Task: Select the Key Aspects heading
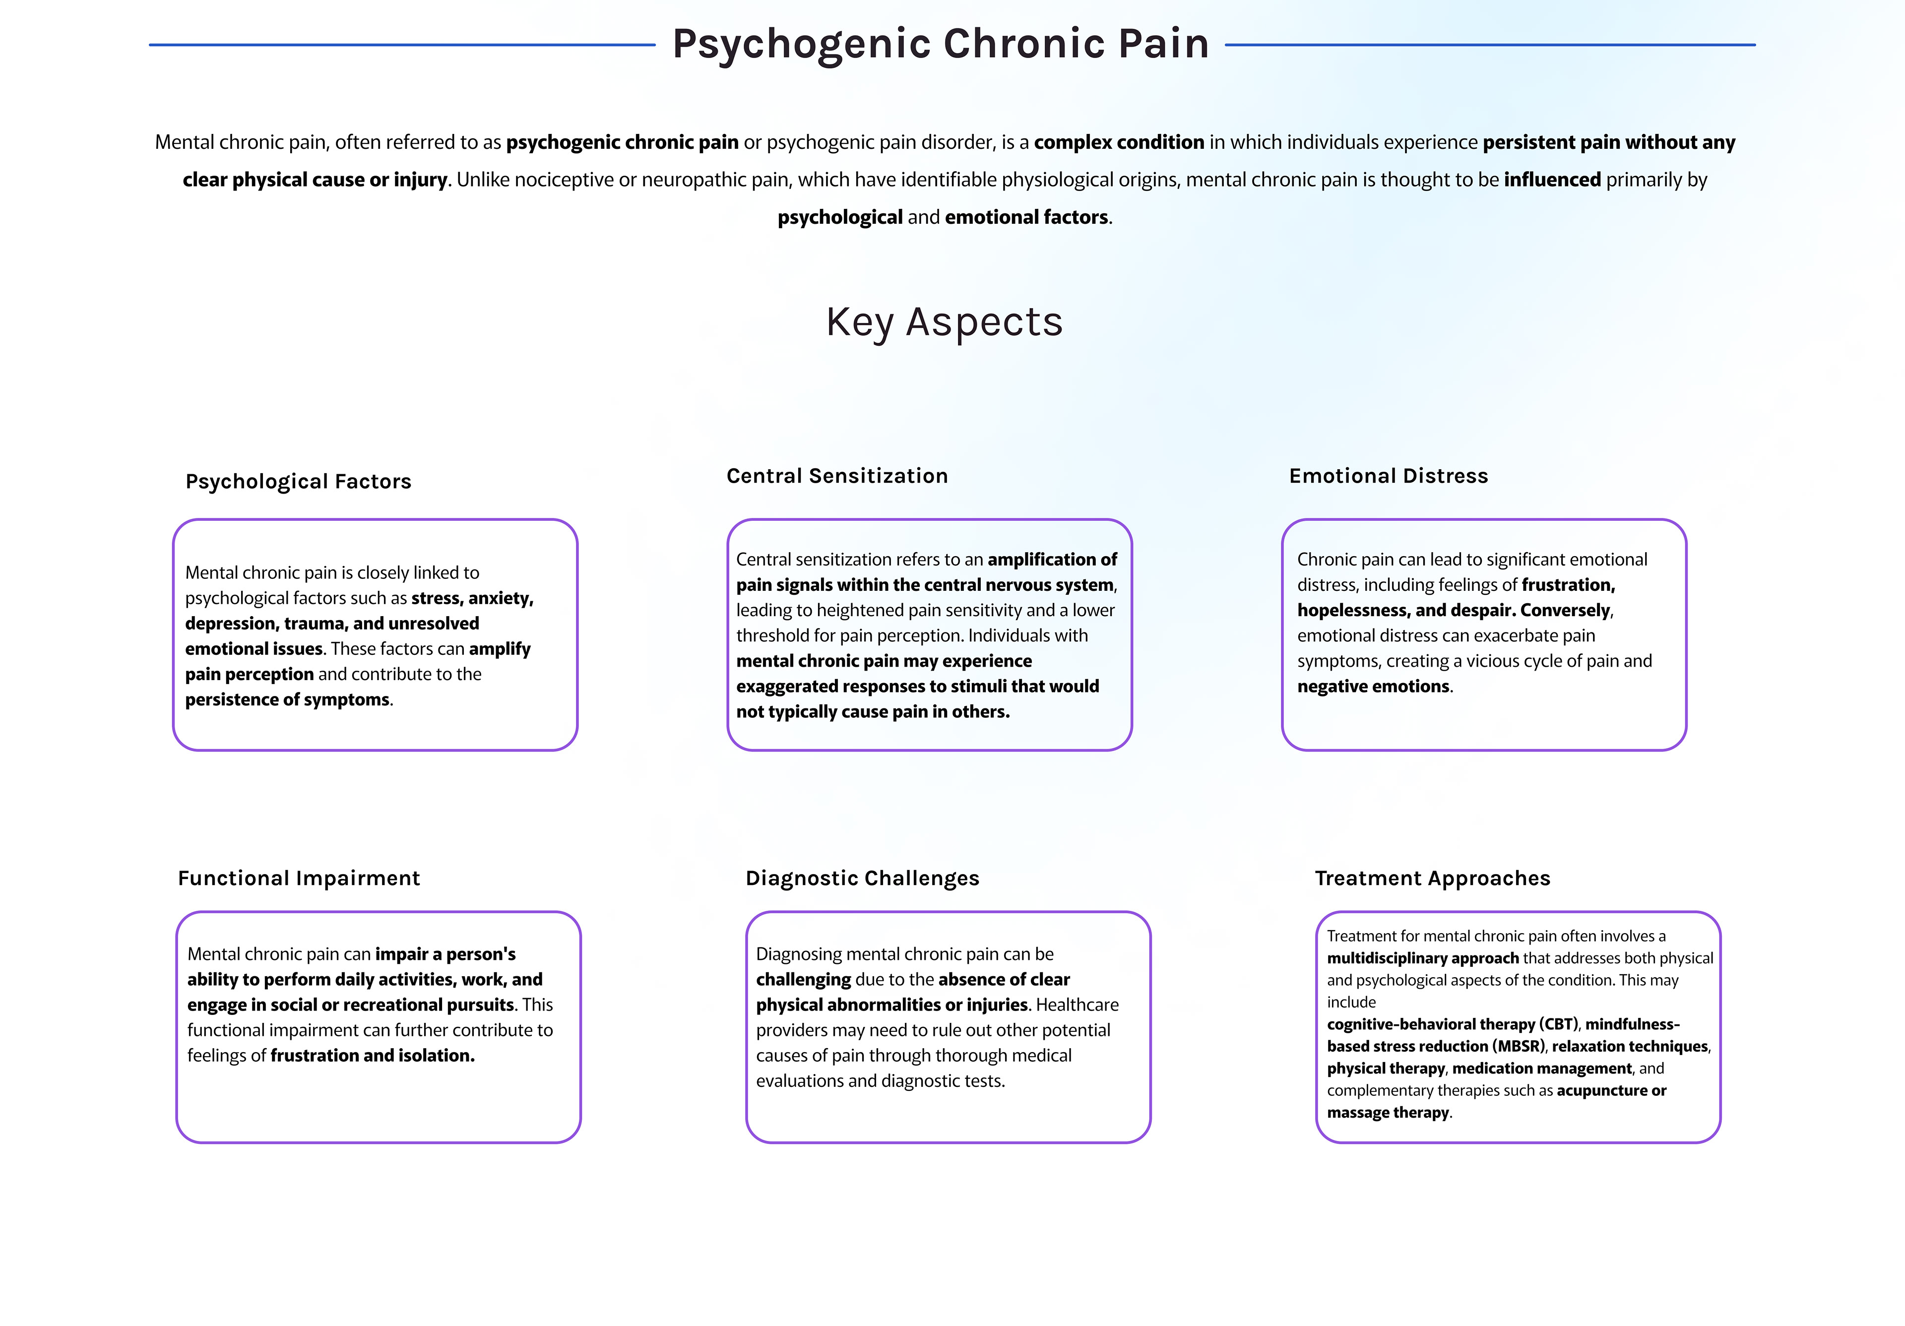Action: [944, 322]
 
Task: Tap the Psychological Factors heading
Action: [298, 481]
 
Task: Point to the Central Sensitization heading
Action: [837, 475]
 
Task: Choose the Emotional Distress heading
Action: [1388, 475]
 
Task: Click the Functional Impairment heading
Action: [299, 878]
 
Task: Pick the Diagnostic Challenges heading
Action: [862, 878]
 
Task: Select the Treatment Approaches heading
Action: [1432, 878]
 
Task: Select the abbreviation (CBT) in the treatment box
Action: [1559, 1024]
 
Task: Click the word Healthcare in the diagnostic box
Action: [1077, 1005]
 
